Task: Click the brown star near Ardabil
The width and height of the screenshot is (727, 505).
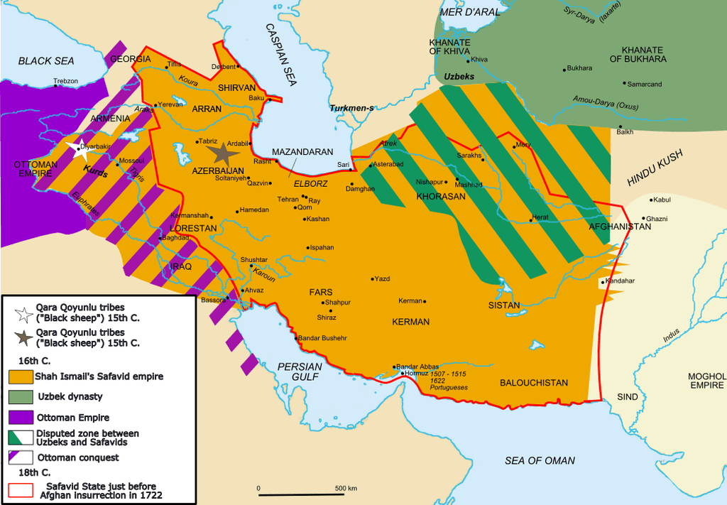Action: pos(222,152)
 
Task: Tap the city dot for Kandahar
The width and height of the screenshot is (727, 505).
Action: pos(602,282)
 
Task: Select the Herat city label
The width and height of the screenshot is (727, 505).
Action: pos(540,218)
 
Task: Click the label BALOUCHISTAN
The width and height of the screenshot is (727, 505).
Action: pos(534,383)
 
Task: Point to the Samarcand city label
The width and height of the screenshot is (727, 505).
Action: pos(645,84)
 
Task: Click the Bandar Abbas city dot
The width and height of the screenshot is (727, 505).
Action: pos(394,368)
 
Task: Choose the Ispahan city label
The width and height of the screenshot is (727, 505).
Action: pos(322,247)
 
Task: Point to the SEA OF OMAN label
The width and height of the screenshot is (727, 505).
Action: pos(540,460)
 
